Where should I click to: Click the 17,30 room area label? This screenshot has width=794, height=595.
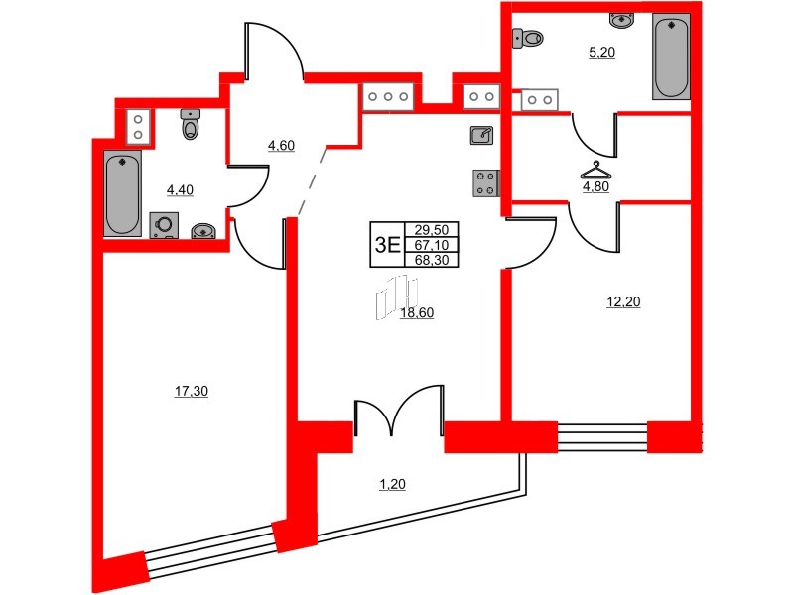click(x=191, y=392)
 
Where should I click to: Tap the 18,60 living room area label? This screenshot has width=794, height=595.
click(x=418, y=312)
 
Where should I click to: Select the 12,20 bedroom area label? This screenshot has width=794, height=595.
click(x=622, y=303)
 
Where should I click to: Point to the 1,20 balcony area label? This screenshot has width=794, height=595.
click(x=393, y=485)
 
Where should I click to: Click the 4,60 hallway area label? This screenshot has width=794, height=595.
click(x=281, y=146)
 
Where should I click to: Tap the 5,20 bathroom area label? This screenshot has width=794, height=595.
click(x=601, y=54)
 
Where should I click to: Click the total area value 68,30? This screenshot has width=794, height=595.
click(x=431, y=260)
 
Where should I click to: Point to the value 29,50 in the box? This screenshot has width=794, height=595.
click(x=431, y=227)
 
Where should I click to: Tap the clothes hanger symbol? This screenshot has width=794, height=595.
click(x=595, y=166)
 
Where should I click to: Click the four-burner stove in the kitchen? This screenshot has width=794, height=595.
click(x=485, y=183)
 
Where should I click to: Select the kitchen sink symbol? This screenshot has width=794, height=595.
click(x=481, y=134)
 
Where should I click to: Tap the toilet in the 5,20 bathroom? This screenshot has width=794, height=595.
click(x=528, y=39)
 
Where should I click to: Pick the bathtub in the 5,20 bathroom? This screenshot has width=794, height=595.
click(x=671, y=58)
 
